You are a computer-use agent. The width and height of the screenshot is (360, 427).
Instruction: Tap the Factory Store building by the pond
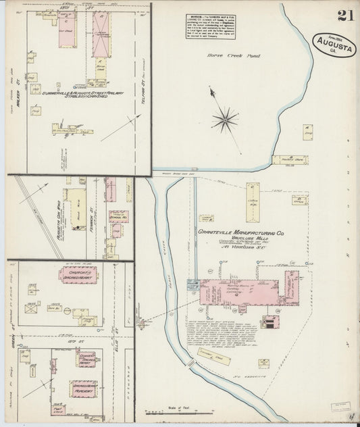tap(289, 160)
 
